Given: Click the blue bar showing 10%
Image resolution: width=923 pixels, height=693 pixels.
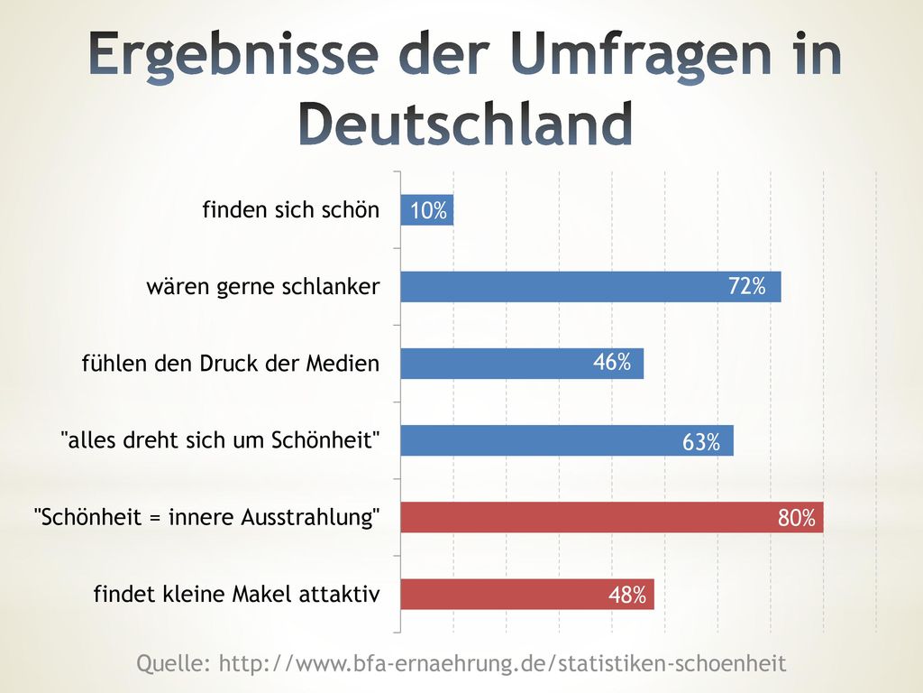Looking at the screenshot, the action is click(426, 209).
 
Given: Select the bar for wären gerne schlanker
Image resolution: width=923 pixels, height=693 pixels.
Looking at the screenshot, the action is click(591, 287).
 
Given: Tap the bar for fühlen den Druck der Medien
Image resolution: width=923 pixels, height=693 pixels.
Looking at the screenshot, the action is click(522, 364).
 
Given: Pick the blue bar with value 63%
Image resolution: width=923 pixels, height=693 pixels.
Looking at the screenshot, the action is click(567, 440).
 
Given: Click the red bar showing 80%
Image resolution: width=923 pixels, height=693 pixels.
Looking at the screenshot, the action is click(612, 517).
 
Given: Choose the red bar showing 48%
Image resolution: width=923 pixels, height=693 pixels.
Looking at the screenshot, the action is click(527, 594).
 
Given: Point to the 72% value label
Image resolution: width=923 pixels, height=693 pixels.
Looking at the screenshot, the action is click(747, 286).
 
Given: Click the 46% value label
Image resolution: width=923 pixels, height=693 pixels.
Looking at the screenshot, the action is click(612, 362).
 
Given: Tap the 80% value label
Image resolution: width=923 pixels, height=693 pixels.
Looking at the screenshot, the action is click(797, 518).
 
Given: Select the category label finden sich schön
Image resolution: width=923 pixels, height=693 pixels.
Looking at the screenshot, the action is click(291, 209).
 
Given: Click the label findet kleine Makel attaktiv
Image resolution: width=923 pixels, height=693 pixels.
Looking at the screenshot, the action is click(237, 594).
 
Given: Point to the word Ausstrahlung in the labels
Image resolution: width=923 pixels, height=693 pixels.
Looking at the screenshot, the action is click(311, 517).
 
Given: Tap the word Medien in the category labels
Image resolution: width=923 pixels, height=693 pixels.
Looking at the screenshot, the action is click(343, 363).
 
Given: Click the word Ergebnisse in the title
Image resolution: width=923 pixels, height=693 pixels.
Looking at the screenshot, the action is click(233, 54).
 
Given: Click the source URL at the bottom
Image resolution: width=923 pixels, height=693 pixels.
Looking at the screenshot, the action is click(503, 663).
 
